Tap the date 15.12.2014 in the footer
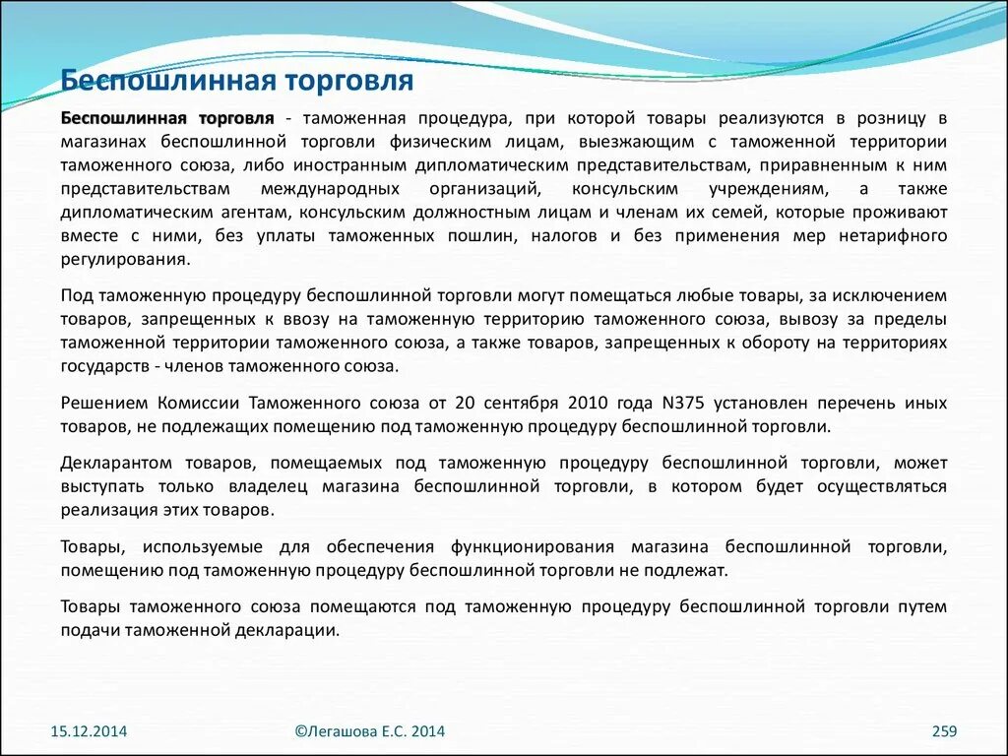coord(89,731)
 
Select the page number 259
coord(944,731)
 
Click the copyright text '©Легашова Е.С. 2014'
coord(370,731)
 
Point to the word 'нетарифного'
coord(893,236)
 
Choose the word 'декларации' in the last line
coord(296,630)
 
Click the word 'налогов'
coord(563,236)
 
